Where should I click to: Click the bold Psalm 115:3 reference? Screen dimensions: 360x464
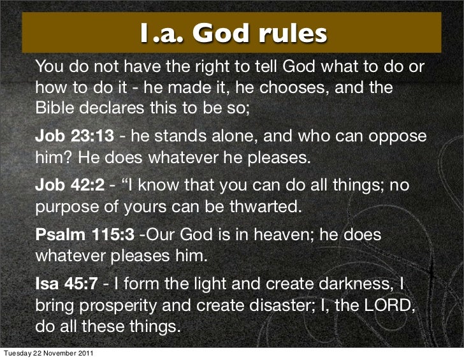(x=84, y=236)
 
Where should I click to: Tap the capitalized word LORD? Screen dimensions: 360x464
(x=387, y=306)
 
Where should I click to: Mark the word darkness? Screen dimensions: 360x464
(x=360, y=285)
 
